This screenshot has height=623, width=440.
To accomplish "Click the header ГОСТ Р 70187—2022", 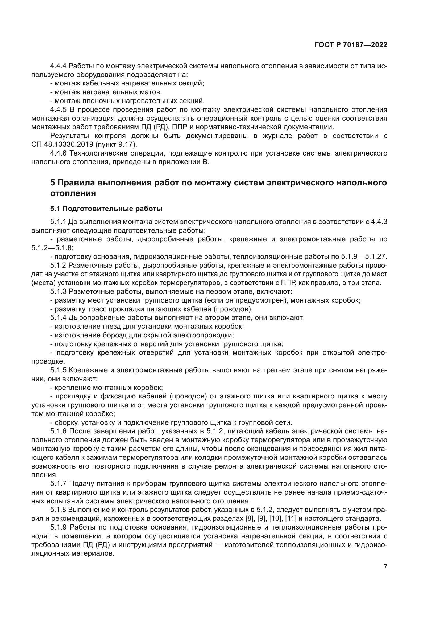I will pos(351,45).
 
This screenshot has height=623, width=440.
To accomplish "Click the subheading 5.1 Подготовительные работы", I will pos(106,209).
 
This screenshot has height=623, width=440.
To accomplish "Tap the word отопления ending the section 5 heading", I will pos(73,193).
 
